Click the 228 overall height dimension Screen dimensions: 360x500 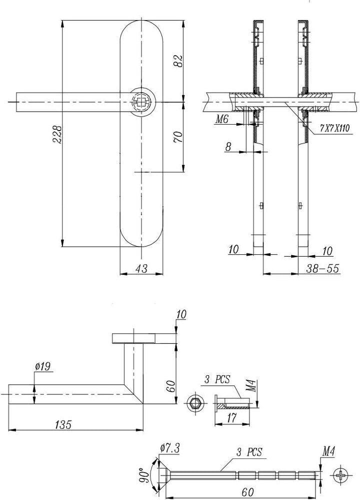[x=57, y=134]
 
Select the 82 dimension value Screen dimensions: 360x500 [x=178, y=61]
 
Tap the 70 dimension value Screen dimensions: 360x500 [x=178, y=137]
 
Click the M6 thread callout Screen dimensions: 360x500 [x=222, y=120]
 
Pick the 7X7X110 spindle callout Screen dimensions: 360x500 [x=334, y=128]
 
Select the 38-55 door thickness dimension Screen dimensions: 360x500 [x=322, y=268]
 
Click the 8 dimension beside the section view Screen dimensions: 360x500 [x=228, y=147]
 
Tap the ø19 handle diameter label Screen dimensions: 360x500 [x=43, y=367]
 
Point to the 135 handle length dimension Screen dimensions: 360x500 [x=63, y=424]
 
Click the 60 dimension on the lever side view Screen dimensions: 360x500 [x=170, y=386]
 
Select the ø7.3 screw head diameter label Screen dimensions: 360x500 [x=170, y=448]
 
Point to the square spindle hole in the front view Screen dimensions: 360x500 [x=140, y=102]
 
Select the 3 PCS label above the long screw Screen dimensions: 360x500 [x=249, y=452]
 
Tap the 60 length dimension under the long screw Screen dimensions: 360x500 [x=247, y=492]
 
